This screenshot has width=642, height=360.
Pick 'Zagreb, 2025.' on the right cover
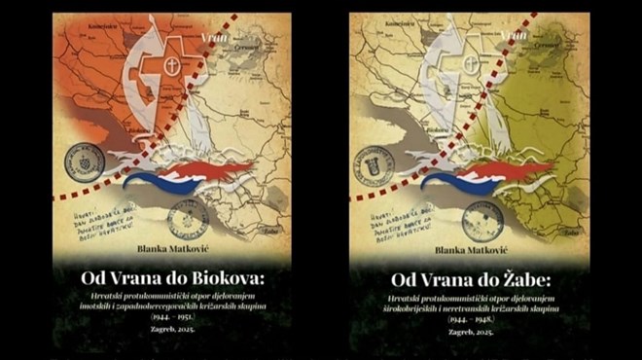click(x=469, y=330)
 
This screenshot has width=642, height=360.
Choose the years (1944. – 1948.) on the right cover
click(x=469, y=318)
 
